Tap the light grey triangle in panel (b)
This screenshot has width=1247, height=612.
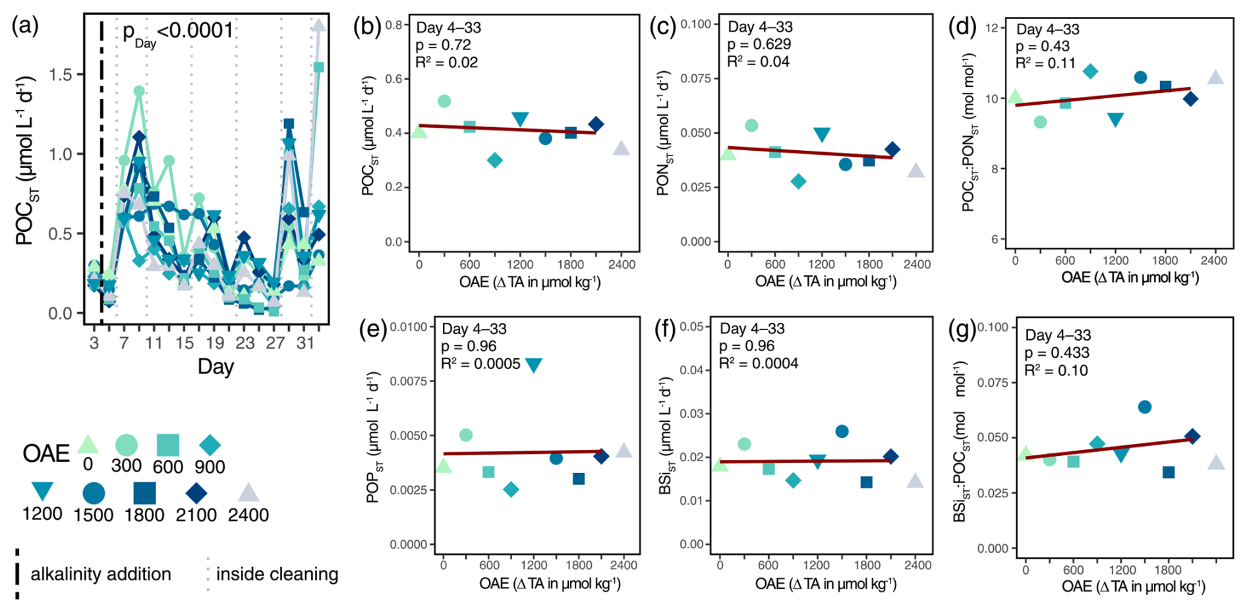click(x=621, y=149)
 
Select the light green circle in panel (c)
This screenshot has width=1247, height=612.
click(x=751, y=125)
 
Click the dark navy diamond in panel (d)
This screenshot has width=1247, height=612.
click(x=1190, y=99)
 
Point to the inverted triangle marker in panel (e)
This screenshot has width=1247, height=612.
click(x=533, y=365)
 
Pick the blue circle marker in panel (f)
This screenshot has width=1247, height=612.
click(x=842, y=431)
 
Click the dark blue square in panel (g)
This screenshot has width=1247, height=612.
click(x=1169, y=472)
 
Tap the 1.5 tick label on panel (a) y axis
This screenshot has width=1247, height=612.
click(x=61, y=74)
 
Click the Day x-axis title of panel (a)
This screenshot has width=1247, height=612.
click(x=216, y=367)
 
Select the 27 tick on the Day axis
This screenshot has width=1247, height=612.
click(x=275, y=343)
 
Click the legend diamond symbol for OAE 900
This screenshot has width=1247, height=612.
click(x=210, y=445)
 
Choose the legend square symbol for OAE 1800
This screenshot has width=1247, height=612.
click(x=144, y=493)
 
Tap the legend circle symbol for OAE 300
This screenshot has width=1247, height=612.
click(x=127, y=445)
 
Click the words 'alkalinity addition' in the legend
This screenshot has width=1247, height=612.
click(x=101, y=574)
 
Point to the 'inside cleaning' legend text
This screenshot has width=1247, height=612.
click(x=277, y=574)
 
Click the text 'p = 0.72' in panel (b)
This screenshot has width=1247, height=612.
click(x=443, y=45)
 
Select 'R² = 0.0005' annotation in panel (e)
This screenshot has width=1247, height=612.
click(x=480, y=364)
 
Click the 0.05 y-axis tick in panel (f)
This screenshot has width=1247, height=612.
click(x=692, y=327)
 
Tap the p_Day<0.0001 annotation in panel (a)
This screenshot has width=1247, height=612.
click(x=178, y=32)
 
